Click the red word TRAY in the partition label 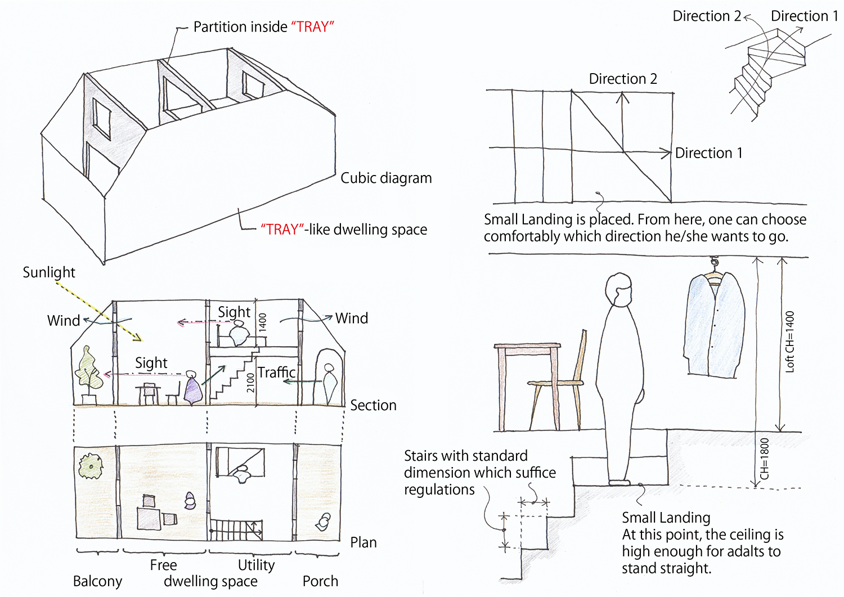tap(312, 27)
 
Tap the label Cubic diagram tap(386, 178)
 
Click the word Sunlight tap(48, 272)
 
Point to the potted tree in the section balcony tap(88, 371)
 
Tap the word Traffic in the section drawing tap(276, 372)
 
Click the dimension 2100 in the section tap(250, 383)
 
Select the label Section tap(373, 406)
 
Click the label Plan tap(363, 543)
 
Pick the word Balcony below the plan tap(97, 581)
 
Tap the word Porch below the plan tap(320, 581)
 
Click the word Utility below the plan tap(256, 565)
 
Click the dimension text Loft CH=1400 tap(789, 342)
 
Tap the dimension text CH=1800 tap(764, 459)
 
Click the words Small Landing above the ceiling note tap(666, 518)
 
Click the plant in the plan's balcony tap(90, 465)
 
